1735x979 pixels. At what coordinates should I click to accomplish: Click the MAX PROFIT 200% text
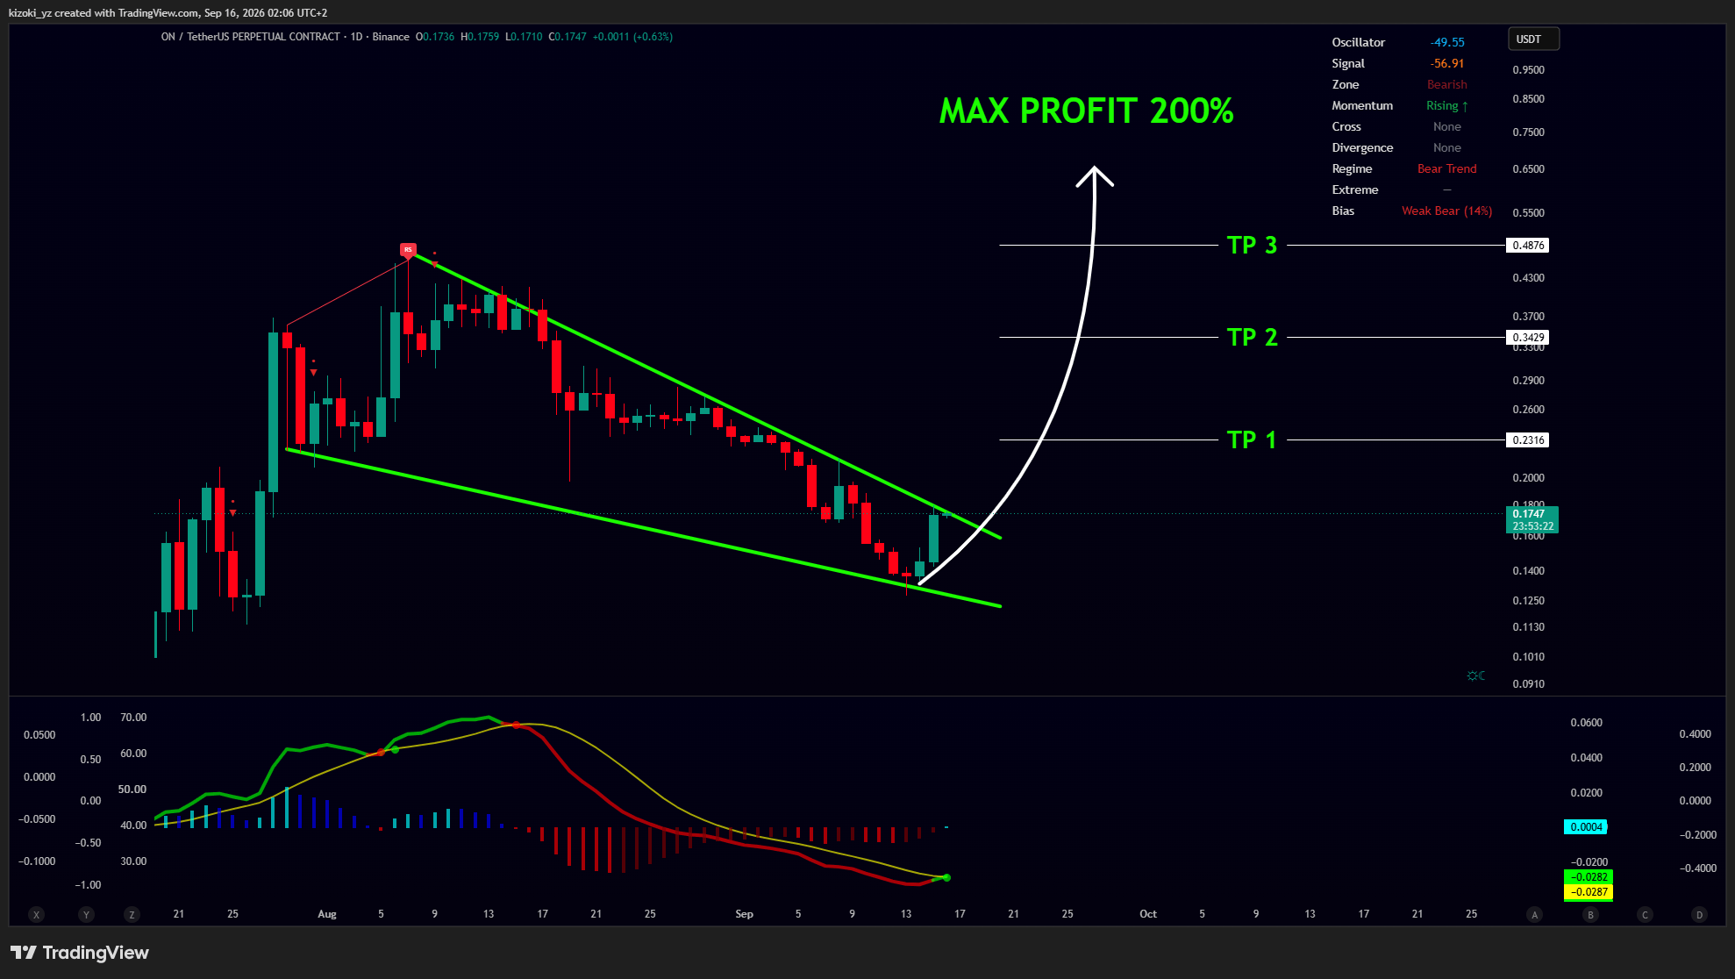[1086, 111]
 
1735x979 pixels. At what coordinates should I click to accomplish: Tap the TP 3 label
[1252, 245]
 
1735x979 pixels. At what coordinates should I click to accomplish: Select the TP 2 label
[1252, 337]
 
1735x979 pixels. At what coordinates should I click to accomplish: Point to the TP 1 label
[1252, 439]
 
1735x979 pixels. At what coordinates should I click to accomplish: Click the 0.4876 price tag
[1527, 246]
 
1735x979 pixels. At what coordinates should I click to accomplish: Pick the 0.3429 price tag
[1527, 337]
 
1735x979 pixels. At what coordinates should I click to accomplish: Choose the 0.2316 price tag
[1527, 439]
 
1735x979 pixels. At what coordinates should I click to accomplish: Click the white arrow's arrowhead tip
[1094, 167]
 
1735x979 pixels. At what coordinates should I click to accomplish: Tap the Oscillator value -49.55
[1447, 42]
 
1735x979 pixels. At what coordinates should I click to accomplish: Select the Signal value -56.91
[1447, 63]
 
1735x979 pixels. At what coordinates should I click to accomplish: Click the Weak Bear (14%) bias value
[1446, 211]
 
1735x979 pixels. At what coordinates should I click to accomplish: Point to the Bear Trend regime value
[1447, 168]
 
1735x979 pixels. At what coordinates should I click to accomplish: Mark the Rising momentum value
[1447, 105]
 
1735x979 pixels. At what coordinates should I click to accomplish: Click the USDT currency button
[1533, 39]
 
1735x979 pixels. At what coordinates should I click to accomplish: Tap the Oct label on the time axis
[1148, 914]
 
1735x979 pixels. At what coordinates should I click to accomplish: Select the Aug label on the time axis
[327, 914]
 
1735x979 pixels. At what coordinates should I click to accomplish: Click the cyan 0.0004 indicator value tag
[1586, 827]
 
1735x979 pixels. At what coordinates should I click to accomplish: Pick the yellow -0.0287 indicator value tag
[1589, 892]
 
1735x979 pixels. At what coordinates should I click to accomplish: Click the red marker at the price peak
[408, 250]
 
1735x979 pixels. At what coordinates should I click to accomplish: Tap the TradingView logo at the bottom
[80, 953]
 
